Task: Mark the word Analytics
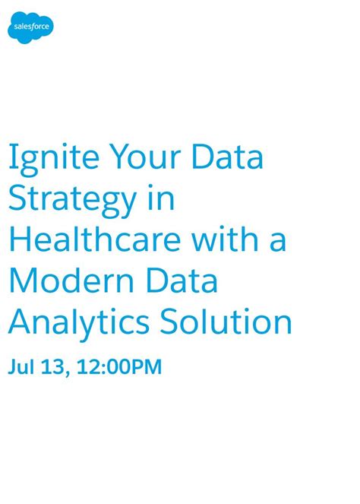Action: [77, 322]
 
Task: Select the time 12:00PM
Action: [122, 368]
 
